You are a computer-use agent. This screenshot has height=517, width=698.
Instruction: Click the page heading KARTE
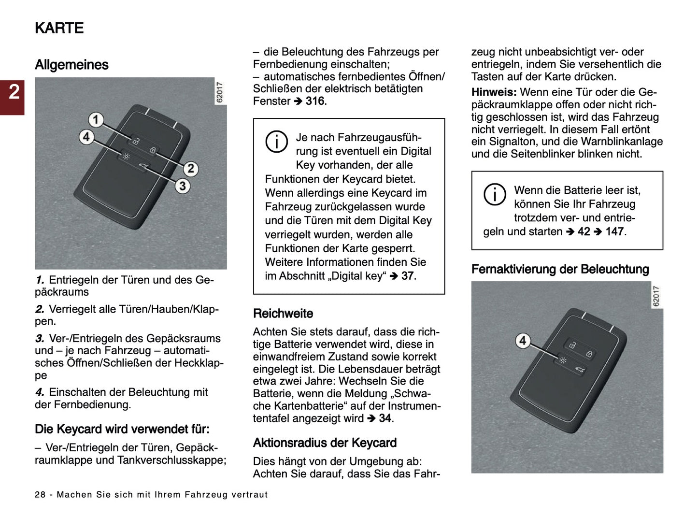click(59, 28)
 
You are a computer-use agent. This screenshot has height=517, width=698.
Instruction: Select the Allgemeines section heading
click(71, 65)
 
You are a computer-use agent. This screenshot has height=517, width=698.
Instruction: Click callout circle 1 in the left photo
click(96, 119)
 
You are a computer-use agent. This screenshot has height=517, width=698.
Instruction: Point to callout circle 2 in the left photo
click(190, 168)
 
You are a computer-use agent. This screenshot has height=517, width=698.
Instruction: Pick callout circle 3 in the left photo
click(182, 186)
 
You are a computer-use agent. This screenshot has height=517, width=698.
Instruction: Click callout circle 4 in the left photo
click(86, 137)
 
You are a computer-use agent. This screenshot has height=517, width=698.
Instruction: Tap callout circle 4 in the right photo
click(522, 341)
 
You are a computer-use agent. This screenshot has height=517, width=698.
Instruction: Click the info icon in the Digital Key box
click(276, 142)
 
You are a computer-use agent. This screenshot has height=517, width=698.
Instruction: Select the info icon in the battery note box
click(495, 195)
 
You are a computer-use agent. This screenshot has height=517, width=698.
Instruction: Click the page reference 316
click(315, 101)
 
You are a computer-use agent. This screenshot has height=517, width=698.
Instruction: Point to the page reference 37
click(408, 276)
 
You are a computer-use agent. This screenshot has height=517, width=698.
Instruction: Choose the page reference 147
click(614, 231)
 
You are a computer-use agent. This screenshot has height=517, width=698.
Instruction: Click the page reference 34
click(385, 418)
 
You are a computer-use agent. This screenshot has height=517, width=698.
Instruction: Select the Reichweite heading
click(283, 314)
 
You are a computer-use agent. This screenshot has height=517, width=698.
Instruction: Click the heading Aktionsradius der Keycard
click(325, 443)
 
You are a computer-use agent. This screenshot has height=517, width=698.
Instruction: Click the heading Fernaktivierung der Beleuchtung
click(560, 269)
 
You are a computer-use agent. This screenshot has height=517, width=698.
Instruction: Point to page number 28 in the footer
click(40, 495)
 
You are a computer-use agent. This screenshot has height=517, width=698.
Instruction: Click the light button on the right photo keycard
click(563, 360)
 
